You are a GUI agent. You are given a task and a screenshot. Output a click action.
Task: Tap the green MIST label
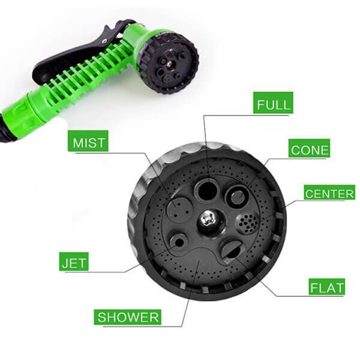[88, 141]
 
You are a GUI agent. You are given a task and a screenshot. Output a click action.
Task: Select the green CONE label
[309, 148]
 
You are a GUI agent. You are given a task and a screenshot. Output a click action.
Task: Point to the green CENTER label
[329, 192]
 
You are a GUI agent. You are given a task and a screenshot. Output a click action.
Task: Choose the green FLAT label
[327, 287]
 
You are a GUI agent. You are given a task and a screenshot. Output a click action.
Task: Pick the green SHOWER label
[127, 317]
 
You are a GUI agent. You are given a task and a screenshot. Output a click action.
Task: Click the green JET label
[74, 262]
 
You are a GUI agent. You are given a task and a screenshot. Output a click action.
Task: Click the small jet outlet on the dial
[178, 242]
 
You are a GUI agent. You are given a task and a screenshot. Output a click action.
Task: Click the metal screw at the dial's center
[208, 221]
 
